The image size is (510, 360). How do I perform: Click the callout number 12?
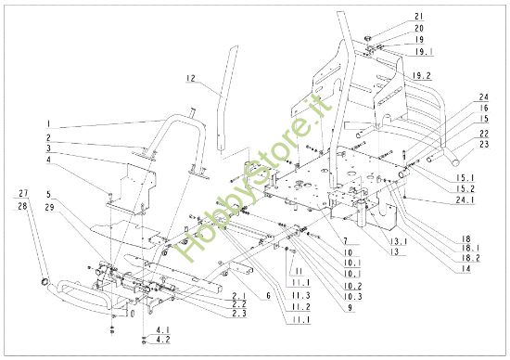190,81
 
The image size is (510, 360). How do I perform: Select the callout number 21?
418,18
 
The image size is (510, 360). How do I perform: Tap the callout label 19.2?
423,74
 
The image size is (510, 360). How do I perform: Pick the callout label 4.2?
162,342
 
